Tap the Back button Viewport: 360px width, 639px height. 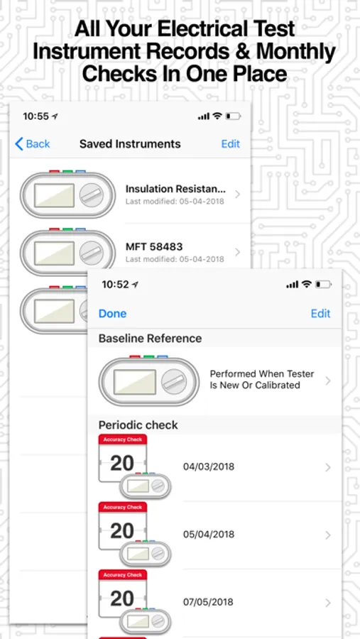tap(32, 144)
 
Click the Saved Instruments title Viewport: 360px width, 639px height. tap(130, 144)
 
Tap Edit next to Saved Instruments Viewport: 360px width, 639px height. tap(231, 144)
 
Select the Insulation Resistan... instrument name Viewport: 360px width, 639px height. tap(175, 189)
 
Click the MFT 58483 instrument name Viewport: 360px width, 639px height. tap(154, 246)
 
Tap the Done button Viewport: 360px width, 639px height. tap(112, 313)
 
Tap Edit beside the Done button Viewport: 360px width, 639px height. tap(320, 313)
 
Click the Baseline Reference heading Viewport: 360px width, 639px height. tap(150, 338)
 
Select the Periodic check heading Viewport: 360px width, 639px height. tap(138, 425)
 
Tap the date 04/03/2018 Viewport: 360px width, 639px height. tap(209, 466)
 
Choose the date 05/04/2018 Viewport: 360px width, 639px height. tap(209, 534)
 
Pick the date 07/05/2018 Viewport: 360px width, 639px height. tap(209, 602)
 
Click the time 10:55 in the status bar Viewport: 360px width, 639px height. tap(36, 116)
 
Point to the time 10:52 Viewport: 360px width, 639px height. tap(115, 284)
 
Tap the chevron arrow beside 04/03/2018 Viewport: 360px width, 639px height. tap(328, 467)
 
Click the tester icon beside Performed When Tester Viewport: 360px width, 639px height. tap(149, 381)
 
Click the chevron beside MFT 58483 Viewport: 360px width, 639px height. tap(238, 252)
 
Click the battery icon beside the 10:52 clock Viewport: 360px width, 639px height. tap(324, 285)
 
